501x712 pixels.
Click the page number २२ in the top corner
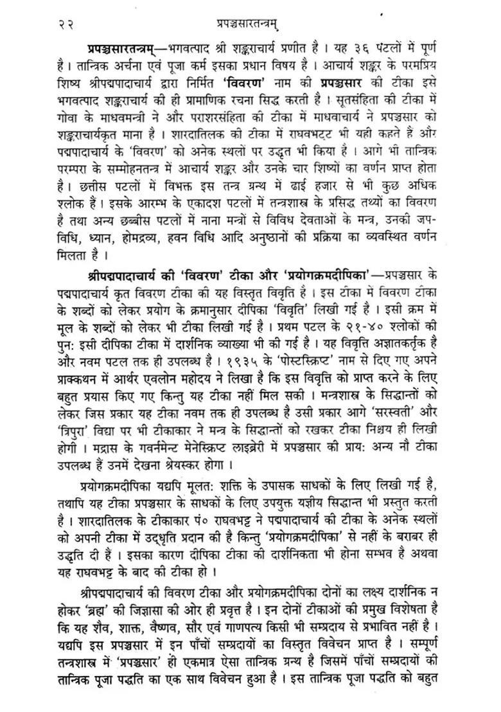(65, 24)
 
